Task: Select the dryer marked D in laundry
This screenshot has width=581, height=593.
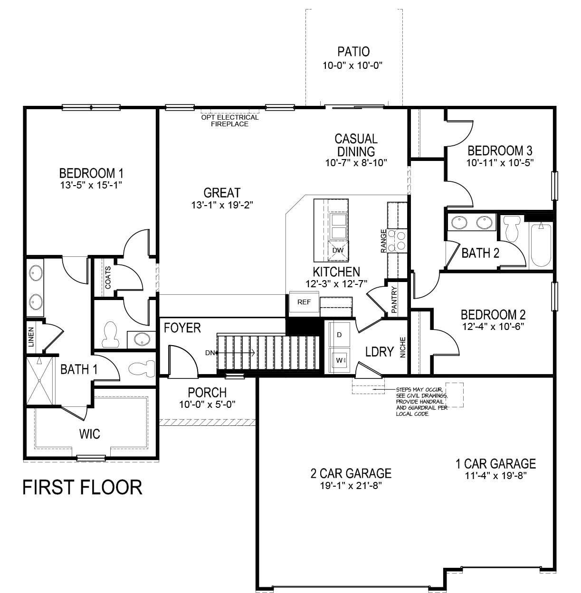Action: tap(339, 335)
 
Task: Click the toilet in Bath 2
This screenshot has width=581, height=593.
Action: tap(512, 228)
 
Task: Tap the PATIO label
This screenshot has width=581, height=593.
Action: tap(353, 51)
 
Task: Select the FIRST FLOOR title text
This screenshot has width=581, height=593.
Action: tap(82, 488)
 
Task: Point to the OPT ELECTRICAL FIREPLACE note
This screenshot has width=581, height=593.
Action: tap(230, 121)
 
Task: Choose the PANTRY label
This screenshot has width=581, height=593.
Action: tap(394, 299)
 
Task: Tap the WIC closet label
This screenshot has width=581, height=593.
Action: tap(90, 433)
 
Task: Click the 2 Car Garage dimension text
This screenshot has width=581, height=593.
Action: tap(351, 486)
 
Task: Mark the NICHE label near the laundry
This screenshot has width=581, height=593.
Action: tap(403, 348)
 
